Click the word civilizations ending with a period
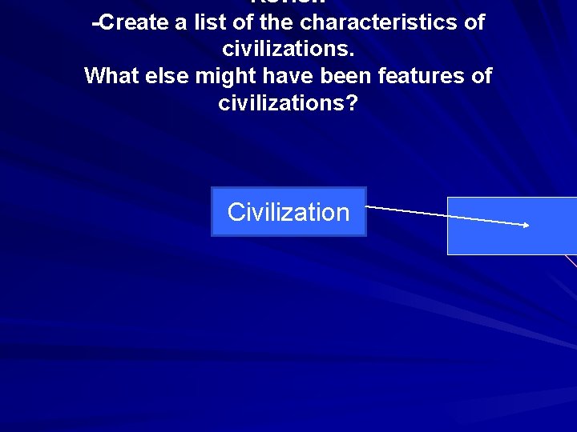pyautogui.click(x=288, y=50)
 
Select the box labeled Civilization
pyautogui.click(x=288, y=212)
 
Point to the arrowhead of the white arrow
pyautogui.click(x=526, y=225)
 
